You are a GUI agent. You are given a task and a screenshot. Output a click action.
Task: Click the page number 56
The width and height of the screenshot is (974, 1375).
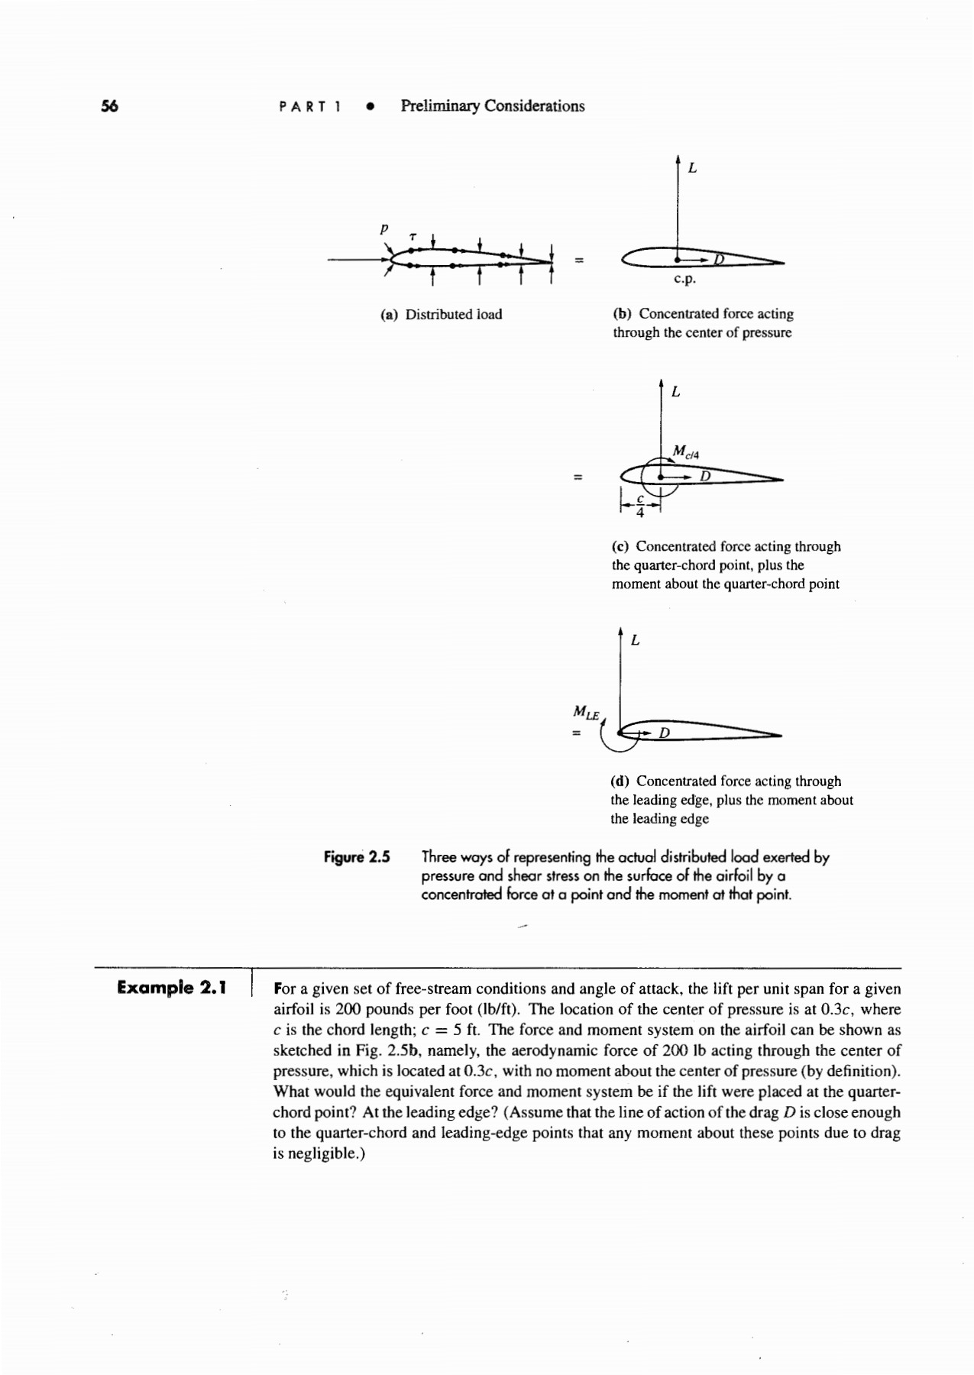(110, 106)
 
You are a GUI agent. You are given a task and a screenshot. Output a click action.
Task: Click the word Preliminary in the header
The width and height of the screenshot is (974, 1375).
(441, 106)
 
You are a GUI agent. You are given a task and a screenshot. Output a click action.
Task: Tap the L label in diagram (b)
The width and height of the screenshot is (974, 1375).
(692, 167)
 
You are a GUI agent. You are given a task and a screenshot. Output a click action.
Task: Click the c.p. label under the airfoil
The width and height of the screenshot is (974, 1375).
(685, 280)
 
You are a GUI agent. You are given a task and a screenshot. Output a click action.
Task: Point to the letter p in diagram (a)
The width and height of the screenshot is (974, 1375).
(384, 228)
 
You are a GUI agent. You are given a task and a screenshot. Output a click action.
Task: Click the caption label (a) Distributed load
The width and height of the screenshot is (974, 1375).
(442, 314)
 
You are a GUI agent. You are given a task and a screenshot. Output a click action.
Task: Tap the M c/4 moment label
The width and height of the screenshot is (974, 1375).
(685, 452)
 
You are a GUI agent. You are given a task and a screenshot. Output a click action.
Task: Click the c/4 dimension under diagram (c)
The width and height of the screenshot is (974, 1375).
(640, 504)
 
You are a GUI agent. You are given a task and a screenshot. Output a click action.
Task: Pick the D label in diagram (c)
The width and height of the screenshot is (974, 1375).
(705, 477)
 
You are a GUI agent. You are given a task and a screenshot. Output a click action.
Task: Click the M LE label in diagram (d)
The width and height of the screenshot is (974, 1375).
(586, 713)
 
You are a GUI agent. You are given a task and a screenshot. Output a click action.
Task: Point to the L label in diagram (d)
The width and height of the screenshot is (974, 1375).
(636, 640)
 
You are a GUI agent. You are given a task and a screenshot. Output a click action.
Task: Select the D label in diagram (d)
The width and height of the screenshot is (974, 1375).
(664, 733)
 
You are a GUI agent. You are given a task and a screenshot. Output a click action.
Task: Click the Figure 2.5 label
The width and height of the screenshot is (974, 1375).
(357, 857)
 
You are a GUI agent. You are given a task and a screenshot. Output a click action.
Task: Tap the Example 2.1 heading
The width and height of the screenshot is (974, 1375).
(172, 988)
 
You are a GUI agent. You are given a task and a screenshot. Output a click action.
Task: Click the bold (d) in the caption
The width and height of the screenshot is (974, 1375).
(620, 781)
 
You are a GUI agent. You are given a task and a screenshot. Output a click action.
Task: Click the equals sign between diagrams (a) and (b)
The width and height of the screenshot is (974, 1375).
(579, 261)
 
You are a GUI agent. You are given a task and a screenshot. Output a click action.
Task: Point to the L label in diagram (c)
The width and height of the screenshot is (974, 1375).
(675, 393)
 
